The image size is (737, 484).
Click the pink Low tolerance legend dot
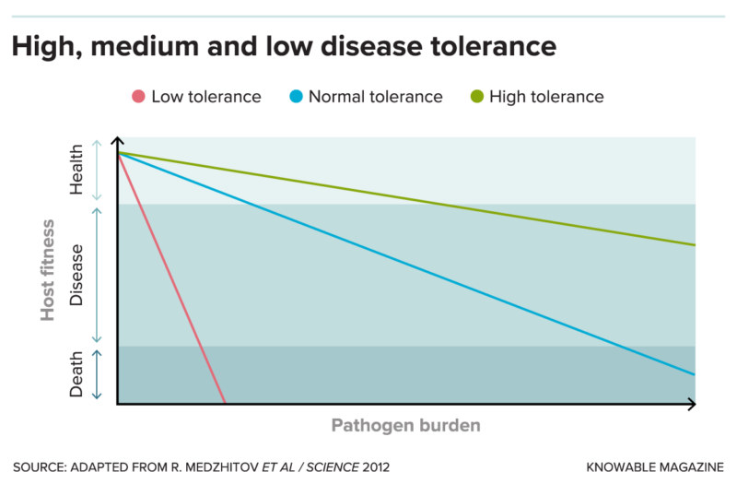[x=137, y=97]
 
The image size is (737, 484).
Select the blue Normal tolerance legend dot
[x=295, y=97]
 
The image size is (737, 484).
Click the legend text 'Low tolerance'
[x=205, y=97]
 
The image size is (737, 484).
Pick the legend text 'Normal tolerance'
[x=375, y=97]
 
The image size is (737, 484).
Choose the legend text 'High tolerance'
[x=546, y=97]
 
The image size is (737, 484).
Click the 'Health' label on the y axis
[x=76, y=171]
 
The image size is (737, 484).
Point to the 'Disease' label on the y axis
[x=76, y=275]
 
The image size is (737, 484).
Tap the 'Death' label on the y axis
[x=76, y=374]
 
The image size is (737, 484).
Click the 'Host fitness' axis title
[x=48, y=270]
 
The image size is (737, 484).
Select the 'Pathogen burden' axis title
[x=405, y=426]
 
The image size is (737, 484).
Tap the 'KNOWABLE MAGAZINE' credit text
[x=655, y=466]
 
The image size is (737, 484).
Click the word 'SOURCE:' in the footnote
[x=41, y=466]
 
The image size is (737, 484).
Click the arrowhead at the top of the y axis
[x=117, y=142]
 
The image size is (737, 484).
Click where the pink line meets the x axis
[x=225, y=403]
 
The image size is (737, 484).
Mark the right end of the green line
[x=694, y=245]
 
